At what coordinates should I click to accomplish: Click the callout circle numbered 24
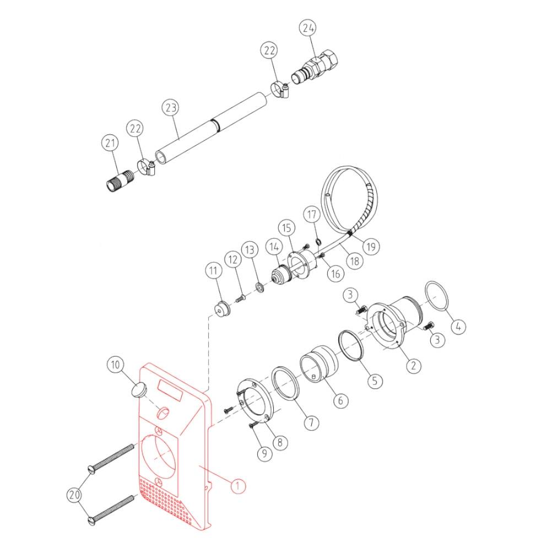[308, 28]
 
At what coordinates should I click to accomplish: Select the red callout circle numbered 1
[237, 485]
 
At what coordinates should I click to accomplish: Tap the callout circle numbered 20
[74, 495]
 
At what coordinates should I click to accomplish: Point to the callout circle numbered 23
[171, 107]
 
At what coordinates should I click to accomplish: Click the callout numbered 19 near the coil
[371, 246]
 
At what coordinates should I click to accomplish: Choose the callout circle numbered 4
[458, 326]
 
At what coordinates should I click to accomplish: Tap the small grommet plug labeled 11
[223, 309]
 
